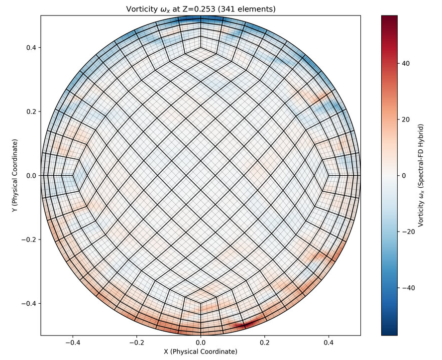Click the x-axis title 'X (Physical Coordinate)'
point(201,352)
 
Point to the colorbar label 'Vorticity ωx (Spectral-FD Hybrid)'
point(422,175)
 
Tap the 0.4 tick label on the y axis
point(31,48)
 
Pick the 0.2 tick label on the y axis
point(31,112)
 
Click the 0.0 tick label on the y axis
point(31,176)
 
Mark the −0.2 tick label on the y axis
point(29,240)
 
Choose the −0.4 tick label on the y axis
point(29,304)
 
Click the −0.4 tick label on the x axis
point(73,343)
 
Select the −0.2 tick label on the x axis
point(136,343)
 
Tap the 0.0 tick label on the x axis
point(201,343)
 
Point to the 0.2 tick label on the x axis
point(265,343)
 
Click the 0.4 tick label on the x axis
point(329,343)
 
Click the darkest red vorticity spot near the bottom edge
point(243,325)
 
